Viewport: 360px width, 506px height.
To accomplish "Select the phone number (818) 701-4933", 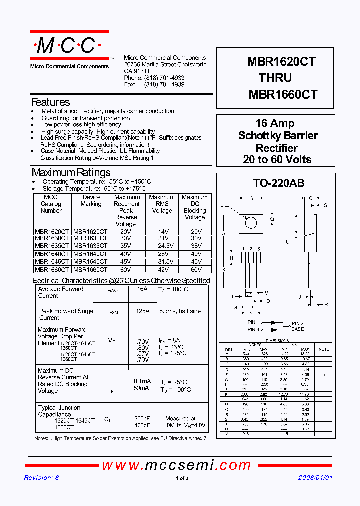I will [164, 78].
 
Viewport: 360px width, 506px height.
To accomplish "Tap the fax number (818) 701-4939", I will [164, 85].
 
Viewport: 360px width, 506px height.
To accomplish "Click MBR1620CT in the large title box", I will [281, 61].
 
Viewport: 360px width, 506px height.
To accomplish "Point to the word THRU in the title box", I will [275, 78].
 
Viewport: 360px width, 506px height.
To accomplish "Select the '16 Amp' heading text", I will [275, 123].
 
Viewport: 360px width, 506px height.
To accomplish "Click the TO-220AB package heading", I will [275, 183].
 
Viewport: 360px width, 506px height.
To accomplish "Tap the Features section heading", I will [50, 102].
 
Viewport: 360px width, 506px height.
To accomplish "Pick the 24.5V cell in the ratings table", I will [161, 246].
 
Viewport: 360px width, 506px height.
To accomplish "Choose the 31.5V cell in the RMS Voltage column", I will [161, 262].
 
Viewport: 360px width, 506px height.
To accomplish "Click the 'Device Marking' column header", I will [91, 200].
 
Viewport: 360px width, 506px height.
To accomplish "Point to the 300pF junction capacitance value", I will [141, 419].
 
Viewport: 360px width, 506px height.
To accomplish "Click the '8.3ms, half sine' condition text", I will [180, 311].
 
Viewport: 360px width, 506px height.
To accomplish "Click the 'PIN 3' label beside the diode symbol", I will [253, 330].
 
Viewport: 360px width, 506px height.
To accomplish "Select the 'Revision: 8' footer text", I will [41, 478].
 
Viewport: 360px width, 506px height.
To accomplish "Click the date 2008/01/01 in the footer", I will [315, 478].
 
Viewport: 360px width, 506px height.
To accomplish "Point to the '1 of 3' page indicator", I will [182, 479].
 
